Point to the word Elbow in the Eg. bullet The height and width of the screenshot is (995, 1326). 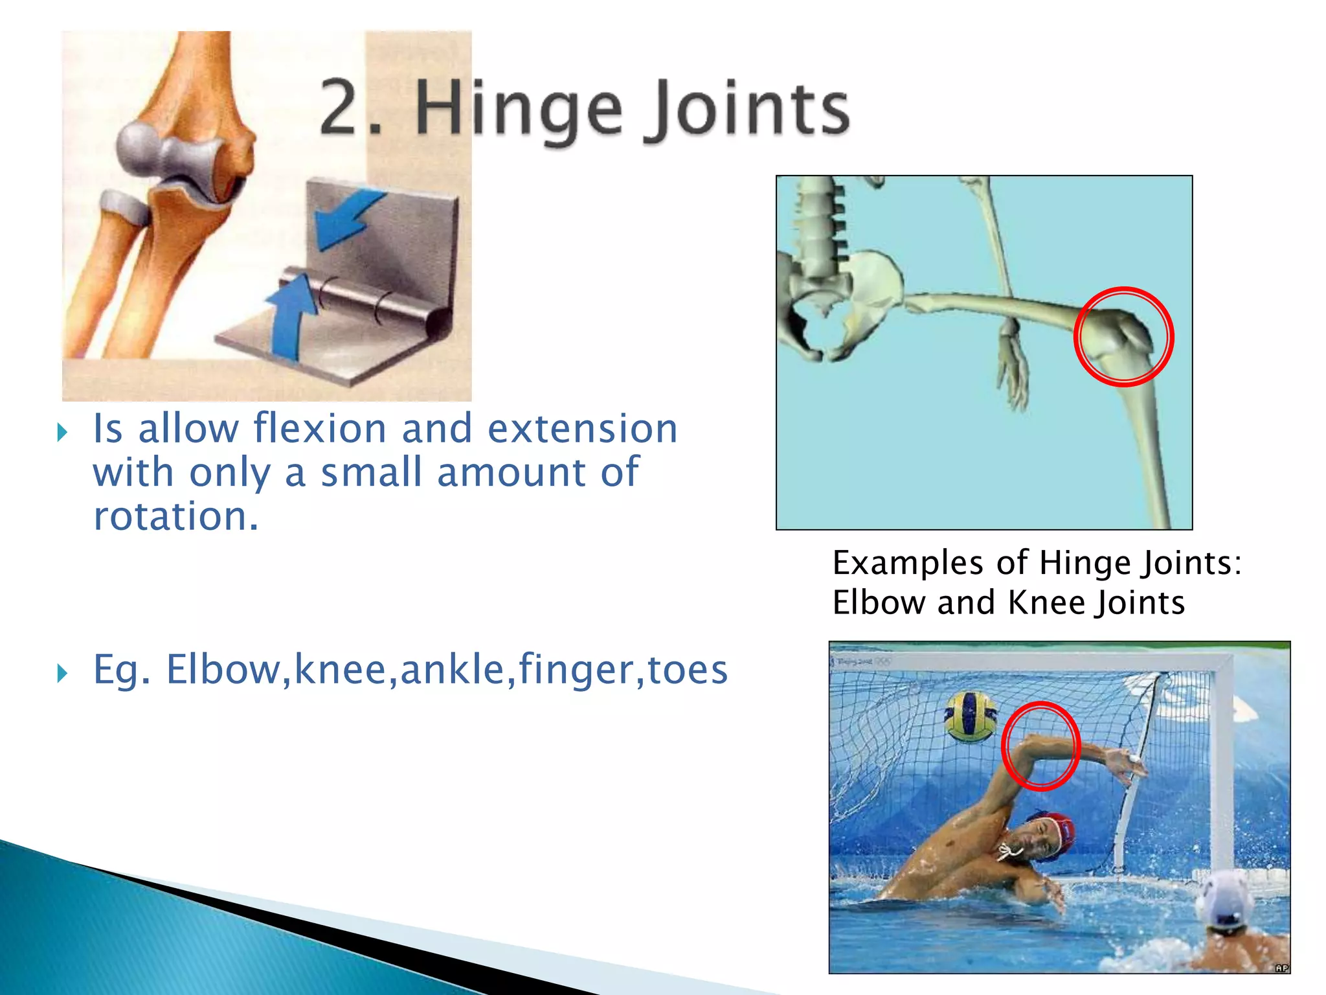[223, 669]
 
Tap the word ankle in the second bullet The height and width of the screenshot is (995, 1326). [452, 669]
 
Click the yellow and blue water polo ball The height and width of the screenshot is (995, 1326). [970, 716]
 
